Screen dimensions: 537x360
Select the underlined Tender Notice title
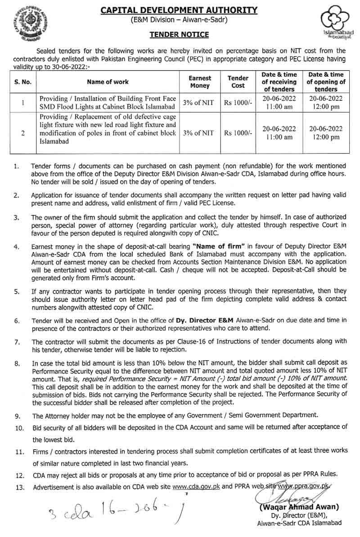coord(179,35)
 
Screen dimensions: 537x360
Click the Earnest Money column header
coord(200,82)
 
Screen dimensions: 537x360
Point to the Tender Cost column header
coord(238,82)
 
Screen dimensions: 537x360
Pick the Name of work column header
coord(108,82)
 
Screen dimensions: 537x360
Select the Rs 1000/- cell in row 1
coord(238,103)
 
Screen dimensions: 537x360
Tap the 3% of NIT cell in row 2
coord(200,133)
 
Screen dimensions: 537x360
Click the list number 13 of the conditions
coord(19,487)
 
